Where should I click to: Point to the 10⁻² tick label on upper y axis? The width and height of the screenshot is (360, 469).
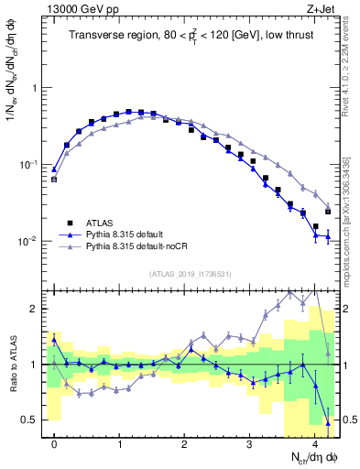(x=32, y=242)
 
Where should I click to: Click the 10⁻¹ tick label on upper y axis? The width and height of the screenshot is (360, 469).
(x=32, y=165)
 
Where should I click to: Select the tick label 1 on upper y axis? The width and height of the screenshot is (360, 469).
(x=37, y=89)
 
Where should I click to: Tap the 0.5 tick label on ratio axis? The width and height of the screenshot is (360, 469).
(x=33, y=420)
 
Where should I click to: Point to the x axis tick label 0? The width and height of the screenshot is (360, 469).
(x=55, y=445)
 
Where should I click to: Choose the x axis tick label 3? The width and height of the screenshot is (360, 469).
(x=250, y=445)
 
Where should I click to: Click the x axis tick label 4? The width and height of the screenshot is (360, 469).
(x=315, y=445)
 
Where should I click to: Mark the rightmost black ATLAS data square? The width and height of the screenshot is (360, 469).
(x=328, y=212)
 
